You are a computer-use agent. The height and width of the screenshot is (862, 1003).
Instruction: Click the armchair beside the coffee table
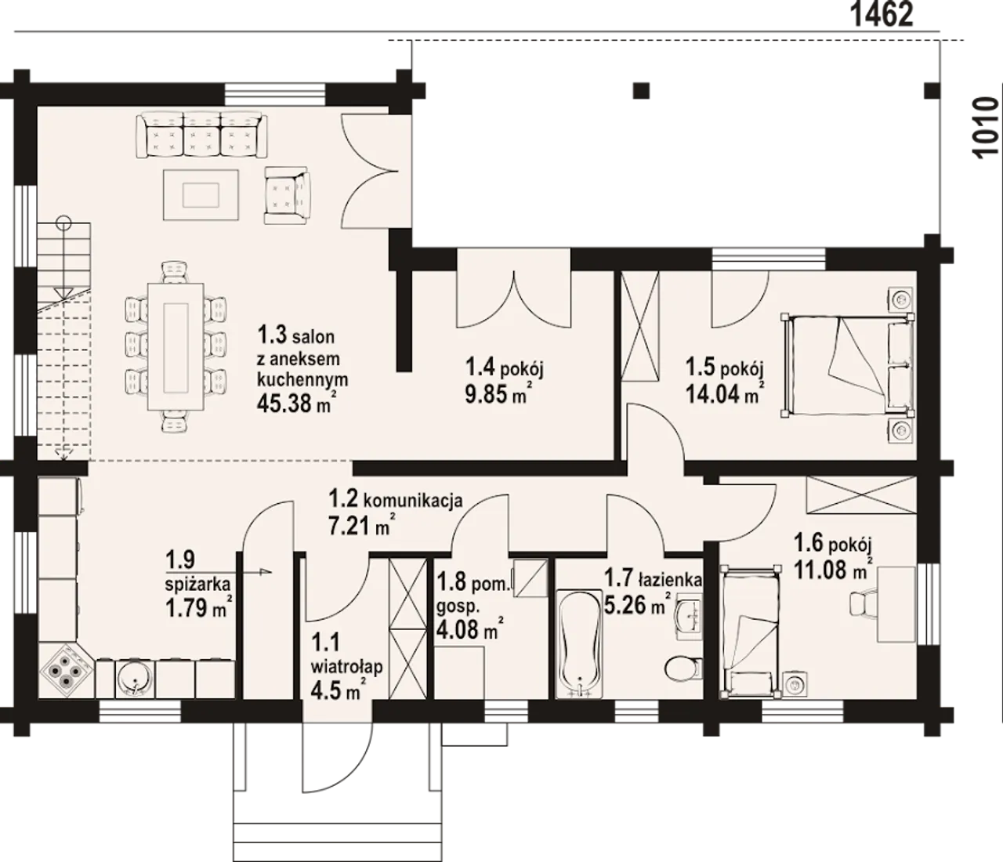click(x=288, y=195)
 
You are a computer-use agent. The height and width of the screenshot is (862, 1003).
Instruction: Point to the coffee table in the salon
click(x=201, y=194)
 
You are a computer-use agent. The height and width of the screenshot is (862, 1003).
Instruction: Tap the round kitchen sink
click(x=135, y=678)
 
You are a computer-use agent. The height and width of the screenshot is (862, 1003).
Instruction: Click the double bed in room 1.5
click(x=848, y=365)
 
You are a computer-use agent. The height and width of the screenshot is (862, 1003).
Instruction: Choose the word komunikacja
click(x=413, y=500)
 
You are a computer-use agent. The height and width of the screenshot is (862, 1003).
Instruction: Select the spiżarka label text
click(x=197, y=585)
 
